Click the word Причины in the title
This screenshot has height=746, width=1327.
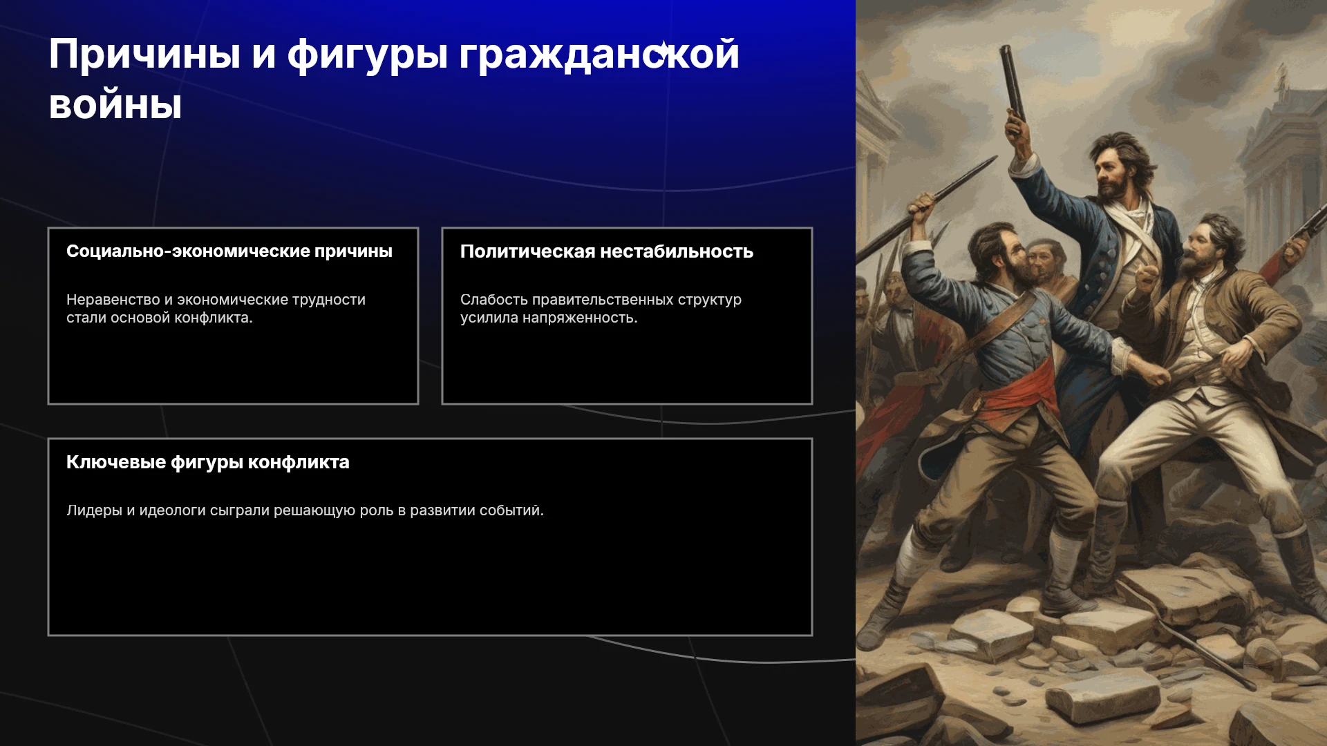[144, 54]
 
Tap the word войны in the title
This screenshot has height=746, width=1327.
[115, 106]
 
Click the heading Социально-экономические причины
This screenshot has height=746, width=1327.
[229, 251]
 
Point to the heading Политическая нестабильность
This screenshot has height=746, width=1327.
[607, 251]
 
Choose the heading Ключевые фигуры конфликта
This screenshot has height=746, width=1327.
[208, 462]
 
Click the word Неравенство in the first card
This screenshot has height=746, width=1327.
[113, 300]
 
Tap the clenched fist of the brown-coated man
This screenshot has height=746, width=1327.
[1147, 276]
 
